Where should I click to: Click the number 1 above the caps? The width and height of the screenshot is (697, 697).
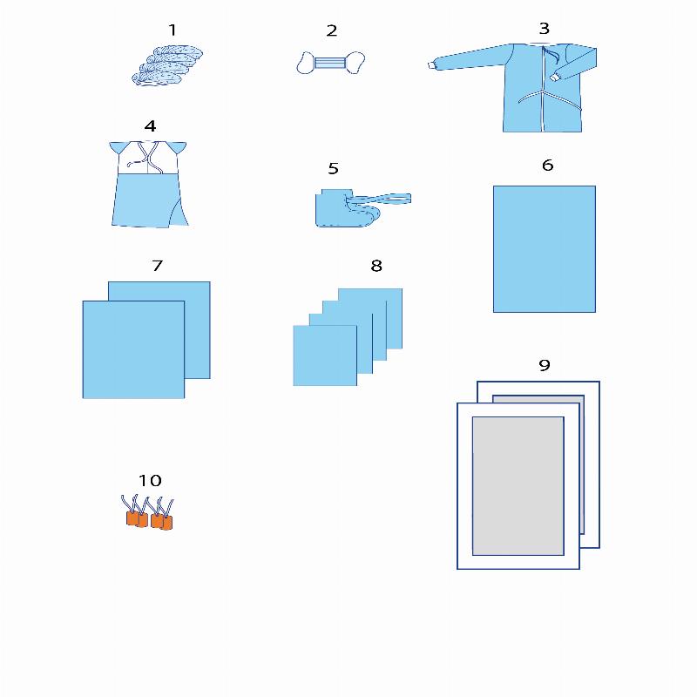pos(173,30)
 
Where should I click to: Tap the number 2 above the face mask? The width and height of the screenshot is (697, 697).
pos(332,30)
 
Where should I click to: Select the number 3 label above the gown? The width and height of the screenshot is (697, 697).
pos(544,29)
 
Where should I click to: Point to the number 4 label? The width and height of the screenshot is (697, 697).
pos(150,125)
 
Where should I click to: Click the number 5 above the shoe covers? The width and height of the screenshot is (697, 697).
pos(334,168)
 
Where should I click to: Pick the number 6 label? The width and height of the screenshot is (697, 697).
pos(548,165)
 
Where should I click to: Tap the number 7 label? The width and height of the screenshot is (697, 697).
pos(158,266)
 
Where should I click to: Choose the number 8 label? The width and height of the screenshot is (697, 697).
pos(376,266)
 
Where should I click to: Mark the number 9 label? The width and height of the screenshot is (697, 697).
pos(545,365)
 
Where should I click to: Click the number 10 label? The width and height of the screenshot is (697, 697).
pos(150,480)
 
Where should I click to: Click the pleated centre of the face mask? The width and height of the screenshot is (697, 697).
pos(330,63)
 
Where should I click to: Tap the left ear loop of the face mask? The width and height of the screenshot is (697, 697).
pos(306,63)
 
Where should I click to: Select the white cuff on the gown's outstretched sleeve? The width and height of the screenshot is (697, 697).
pos(431,66)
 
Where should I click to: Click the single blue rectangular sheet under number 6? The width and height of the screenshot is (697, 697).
pos(544,249)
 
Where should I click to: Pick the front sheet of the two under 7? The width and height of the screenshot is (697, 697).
pos(133,349)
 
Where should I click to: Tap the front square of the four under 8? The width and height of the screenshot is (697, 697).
pos(325,355)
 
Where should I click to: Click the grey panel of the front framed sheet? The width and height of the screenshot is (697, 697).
pos(518,486)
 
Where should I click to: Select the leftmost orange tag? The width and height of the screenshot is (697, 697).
pos(132,518)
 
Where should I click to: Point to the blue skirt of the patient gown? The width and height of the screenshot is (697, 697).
pos(150,200)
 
